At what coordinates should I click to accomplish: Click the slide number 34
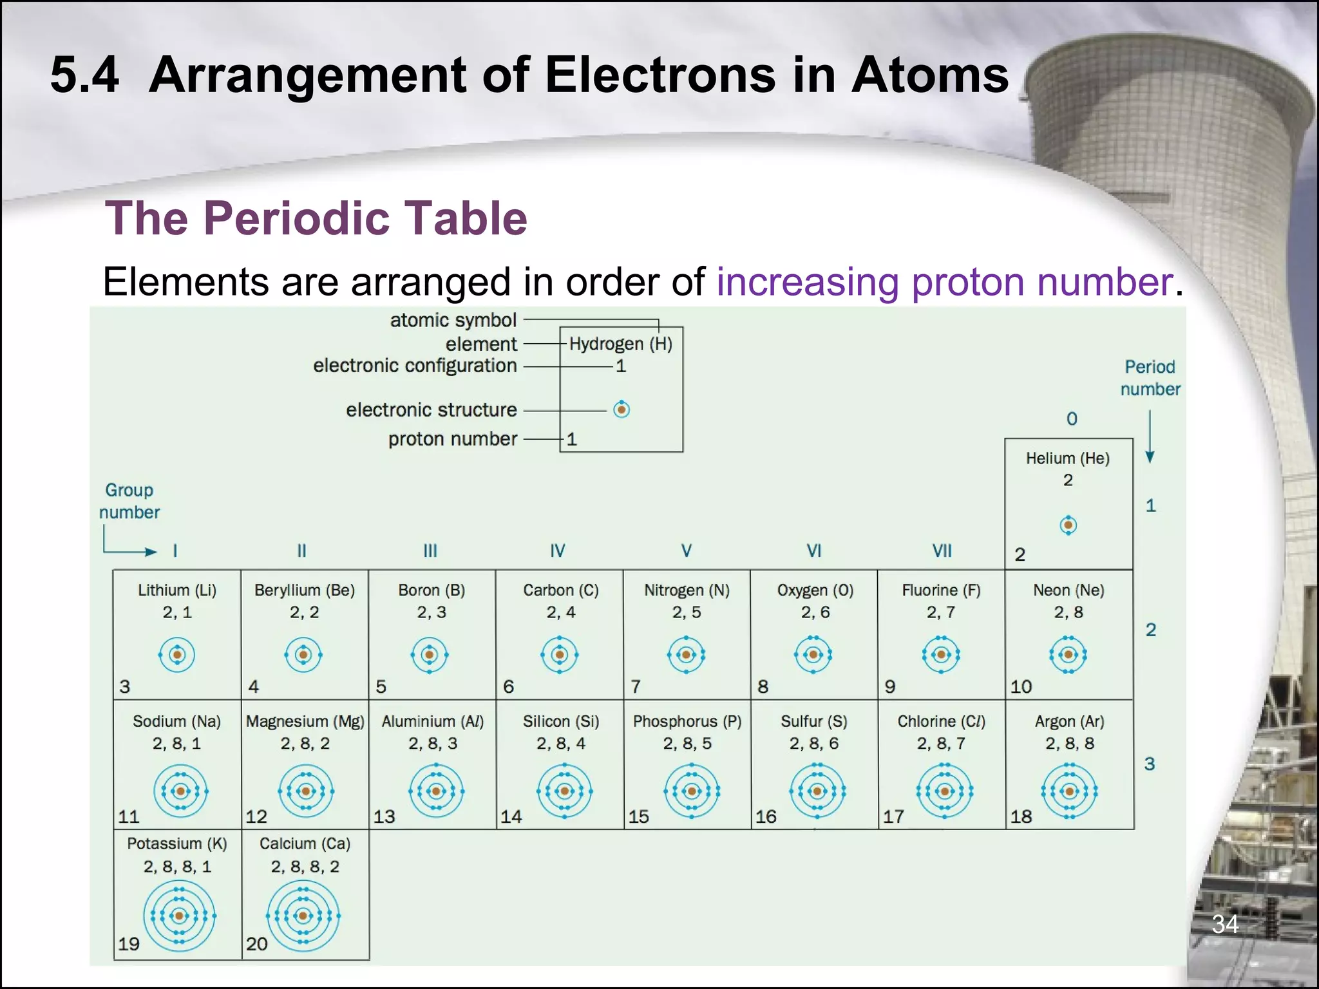click(1225, 925)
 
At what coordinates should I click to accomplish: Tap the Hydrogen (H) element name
click(620, 344)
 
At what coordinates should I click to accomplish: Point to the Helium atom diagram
click(1068, 525)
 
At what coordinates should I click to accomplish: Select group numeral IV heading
click(558, 551)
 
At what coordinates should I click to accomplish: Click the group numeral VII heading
click(942, 551)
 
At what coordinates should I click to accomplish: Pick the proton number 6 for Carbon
click(509, 687)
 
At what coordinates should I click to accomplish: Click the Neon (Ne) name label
click(1068, 590)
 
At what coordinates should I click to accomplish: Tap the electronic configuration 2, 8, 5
click(687, 744)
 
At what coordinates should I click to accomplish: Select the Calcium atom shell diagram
click(303, 916)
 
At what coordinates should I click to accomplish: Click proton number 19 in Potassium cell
click(129, 944)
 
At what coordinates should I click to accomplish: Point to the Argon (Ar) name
click(1069, 722)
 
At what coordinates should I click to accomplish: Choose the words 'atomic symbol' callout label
click(453, 320)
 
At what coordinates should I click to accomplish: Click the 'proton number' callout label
click(453, 439)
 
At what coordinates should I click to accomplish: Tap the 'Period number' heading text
click(1150, 378)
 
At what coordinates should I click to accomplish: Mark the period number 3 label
click(1150, 764)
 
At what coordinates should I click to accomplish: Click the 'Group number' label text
click(129, 501)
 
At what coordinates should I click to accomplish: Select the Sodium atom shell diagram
click(180, 791)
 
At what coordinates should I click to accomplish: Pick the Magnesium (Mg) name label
click(305, 722)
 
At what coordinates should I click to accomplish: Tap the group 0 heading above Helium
click(1072, 419)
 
